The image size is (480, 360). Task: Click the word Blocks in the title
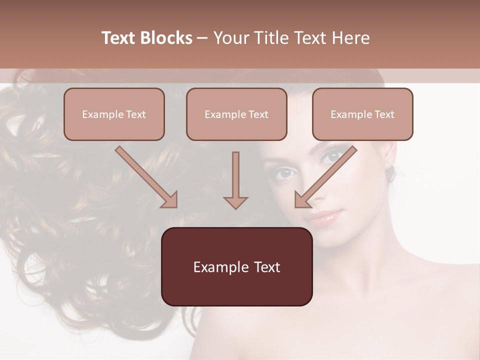point(168,38)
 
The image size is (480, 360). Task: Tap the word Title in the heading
point(269,38)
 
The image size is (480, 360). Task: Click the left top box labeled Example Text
point(114,114)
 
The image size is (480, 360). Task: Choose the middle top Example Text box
point(236,114)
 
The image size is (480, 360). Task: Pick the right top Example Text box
point(362,114)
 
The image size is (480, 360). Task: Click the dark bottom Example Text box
point(236,266)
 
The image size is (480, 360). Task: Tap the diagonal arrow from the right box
point(325,177)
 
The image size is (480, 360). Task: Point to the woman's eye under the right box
point(332,157)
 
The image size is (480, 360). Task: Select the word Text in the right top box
point(384,114)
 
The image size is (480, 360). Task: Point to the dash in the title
point(203,38)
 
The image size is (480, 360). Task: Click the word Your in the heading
point(230,38)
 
